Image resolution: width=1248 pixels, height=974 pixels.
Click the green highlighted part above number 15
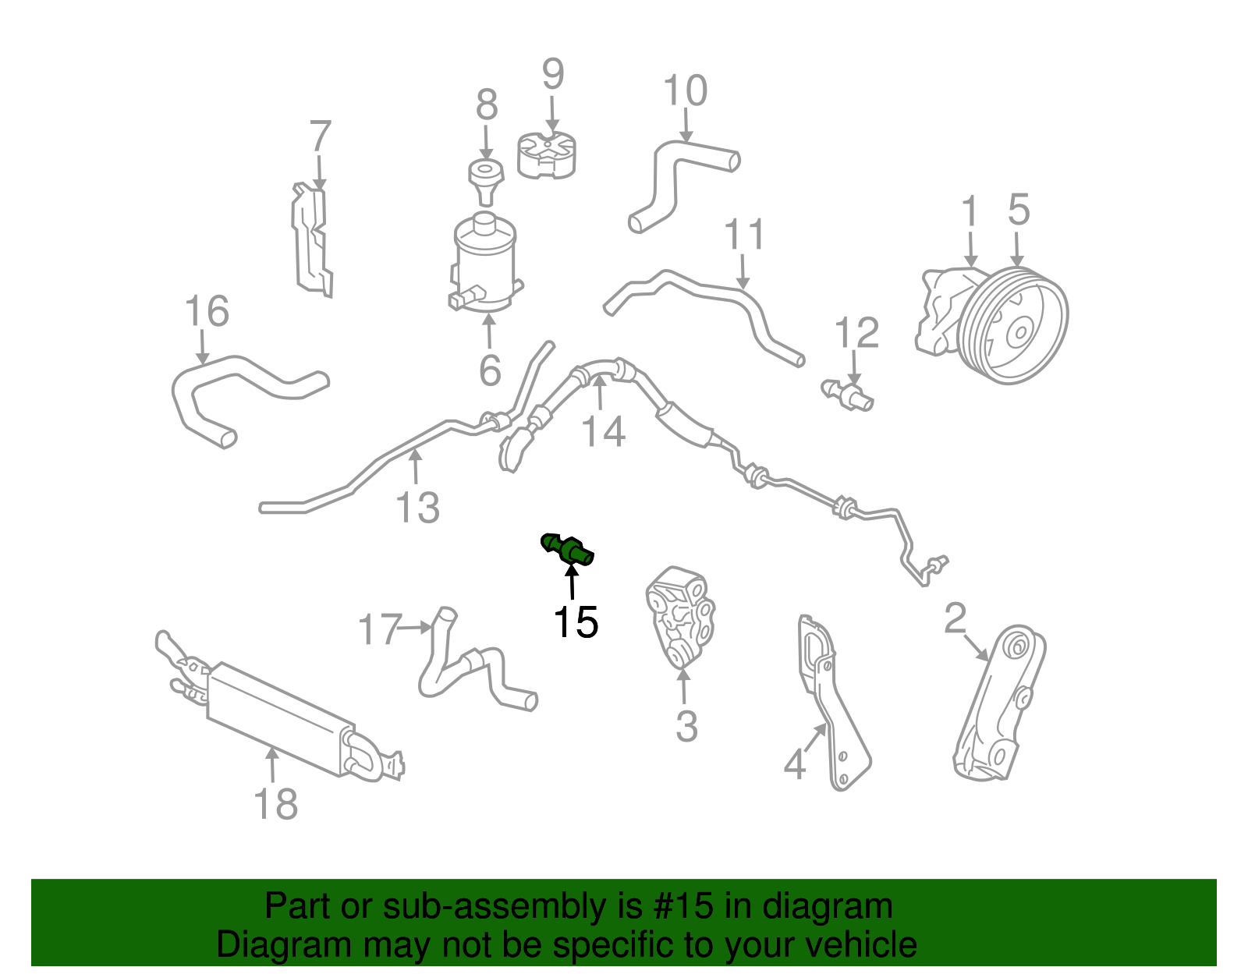coord(569,547)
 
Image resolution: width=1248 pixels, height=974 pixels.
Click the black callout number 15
coord(576,622)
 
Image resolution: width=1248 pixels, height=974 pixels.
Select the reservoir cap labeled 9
coord(548,155)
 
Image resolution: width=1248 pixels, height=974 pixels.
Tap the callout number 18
coord(275,804)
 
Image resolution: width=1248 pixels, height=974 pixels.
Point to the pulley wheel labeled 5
coord(1014,326)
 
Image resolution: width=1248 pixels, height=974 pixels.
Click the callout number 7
coord(321,136)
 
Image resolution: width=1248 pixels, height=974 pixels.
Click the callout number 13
coord(419,508)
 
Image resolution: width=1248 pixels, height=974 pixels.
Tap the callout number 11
coord(744,234)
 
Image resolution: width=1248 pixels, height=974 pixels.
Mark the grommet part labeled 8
coord(484,175)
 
